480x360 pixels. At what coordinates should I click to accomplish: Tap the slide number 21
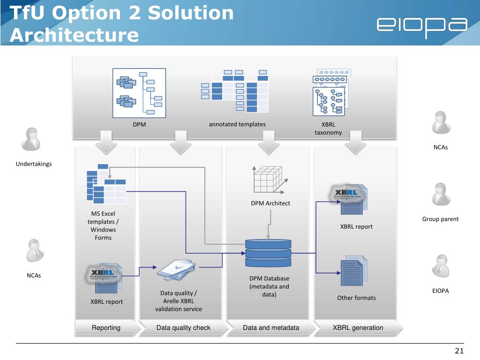pyautogui.click(x=459, y=352)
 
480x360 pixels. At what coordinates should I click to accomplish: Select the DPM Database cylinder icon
pyautogui.click(x=268, y=253)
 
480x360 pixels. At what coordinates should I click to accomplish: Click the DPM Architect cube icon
pyautogui.click(x=269, y=180)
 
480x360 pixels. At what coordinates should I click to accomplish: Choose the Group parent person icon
pyautogui.click(x=440, y=195)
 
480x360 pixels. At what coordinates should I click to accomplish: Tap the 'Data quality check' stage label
pyautogui.click(x=183, y=328)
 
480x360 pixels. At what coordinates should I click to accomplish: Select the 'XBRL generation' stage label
pyautogui.click(x=358, y=328)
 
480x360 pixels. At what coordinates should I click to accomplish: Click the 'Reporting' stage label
pyautogui.click(x=106, y=328)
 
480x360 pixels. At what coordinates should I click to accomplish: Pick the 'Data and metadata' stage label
pyautogui.click(x=271, y=328)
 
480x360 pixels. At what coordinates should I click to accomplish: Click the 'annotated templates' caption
pyautogui.click(x=237, y=124)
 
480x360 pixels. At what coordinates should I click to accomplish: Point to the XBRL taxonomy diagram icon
pyautogui.click(x=331, y=92)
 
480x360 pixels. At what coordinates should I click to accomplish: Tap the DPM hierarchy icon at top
pyautogui.click(x=139, y=92)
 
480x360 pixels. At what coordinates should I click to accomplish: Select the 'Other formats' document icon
pyautogui.click(x=352, y=273)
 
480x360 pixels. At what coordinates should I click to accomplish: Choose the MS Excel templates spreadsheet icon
pyautogui.click(x=105, y=183)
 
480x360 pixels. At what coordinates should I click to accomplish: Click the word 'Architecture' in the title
pyautogui.click(x=75, y=35)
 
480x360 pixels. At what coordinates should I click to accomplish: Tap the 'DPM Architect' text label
pyautogui.click(x=270, y=203)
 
